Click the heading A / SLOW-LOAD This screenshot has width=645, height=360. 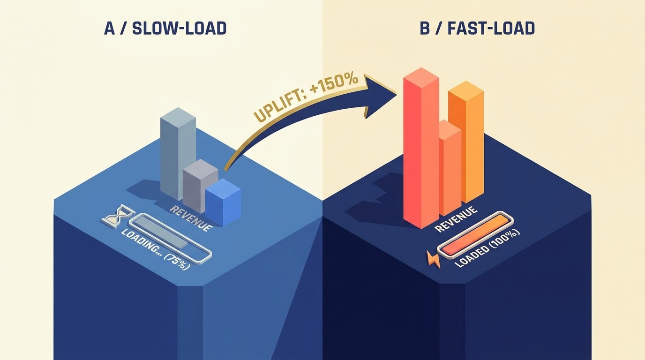pos(165,29)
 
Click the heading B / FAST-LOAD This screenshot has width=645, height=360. pos(478,29)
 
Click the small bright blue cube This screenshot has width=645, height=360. pos(223,202)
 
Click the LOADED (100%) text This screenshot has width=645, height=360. pos(487,248)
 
